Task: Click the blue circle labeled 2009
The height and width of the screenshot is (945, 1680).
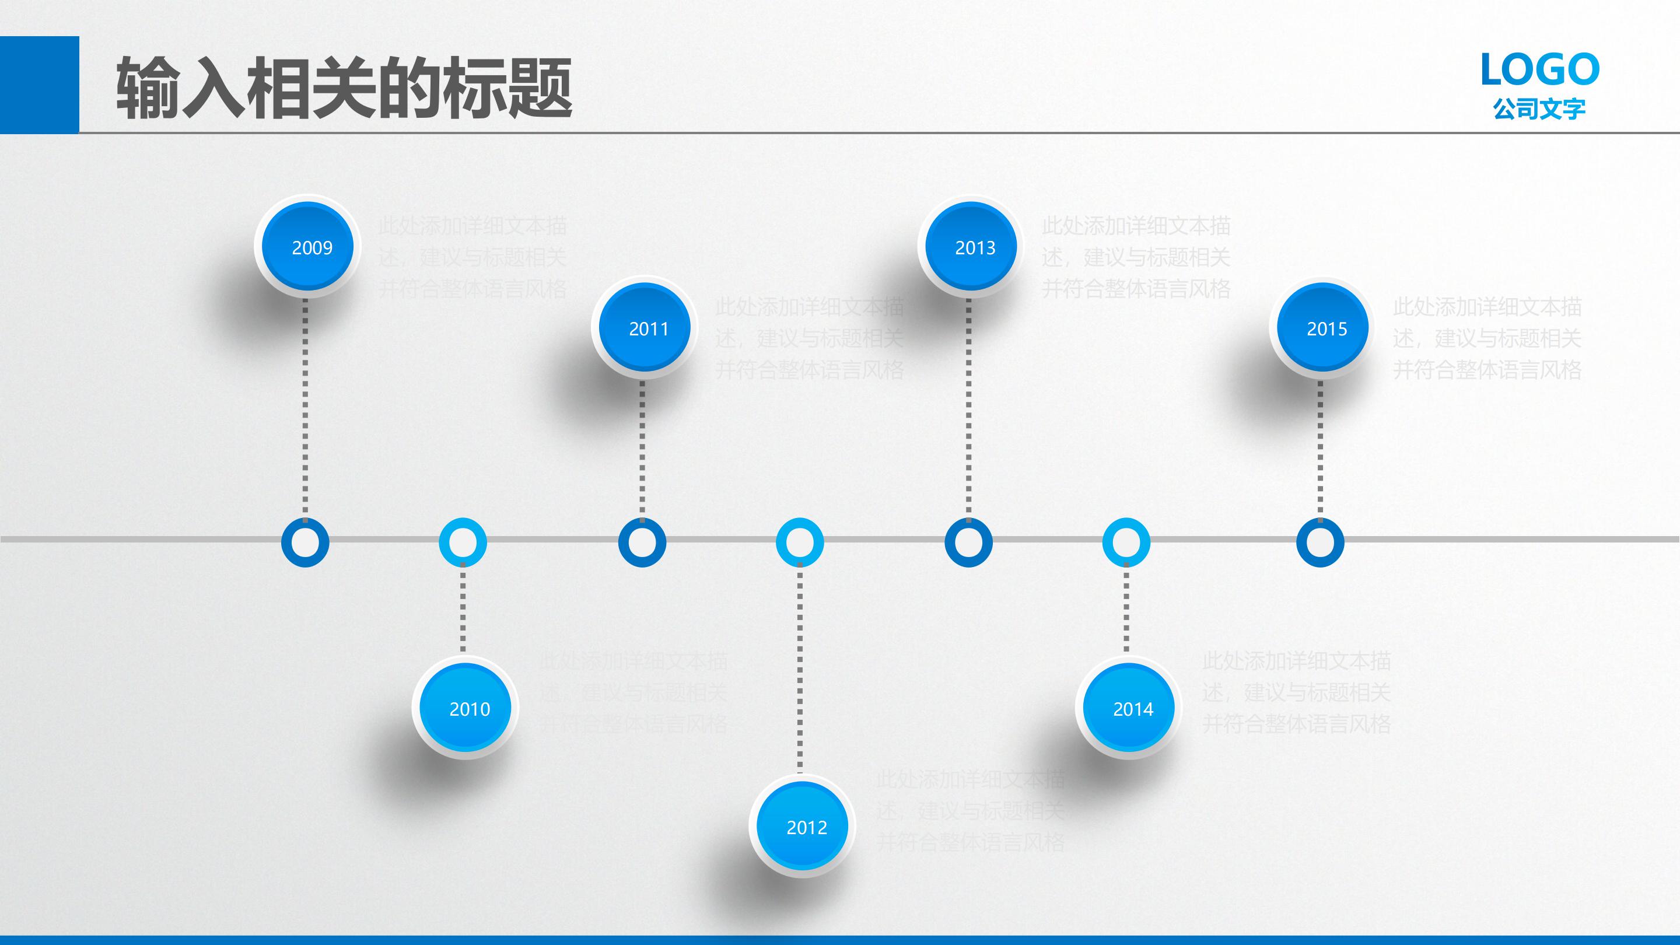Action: tap(307, 247)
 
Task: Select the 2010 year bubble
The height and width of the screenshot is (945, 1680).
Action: tap(465, 708)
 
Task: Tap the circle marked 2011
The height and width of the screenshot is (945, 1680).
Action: tap(645, 327)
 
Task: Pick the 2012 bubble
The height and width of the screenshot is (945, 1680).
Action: tap(802, 827)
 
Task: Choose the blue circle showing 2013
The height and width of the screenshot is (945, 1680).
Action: tap(971, 247)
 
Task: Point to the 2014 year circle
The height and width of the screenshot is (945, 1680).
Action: tap(1129, 708)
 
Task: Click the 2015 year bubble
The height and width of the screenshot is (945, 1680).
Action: tap(1322, 327)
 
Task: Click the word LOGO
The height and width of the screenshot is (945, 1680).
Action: tap(1540, 70)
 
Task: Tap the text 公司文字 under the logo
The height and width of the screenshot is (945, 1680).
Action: tap(1539, 109)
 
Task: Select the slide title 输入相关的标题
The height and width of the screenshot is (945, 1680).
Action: tap(344, 88)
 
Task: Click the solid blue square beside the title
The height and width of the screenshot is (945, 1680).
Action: tap(39, 85)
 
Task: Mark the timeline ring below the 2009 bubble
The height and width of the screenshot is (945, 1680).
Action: tap(305, 542)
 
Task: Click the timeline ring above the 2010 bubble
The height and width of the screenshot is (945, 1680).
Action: tap(463, 542)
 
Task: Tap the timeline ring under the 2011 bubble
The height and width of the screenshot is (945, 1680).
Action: tap(642, 542)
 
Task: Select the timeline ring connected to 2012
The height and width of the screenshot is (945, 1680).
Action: tap(800, 542)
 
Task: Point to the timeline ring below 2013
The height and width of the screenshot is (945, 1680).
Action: tap(968, 542)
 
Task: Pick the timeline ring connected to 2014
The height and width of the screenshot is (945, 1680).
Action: tap(1126, 542)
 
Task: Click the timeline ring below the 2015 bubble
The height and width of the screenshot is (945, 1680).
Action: tap(1321, 542)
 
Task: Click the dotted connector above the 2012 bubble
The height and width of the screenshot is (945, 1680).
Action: tap(800, 672)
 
